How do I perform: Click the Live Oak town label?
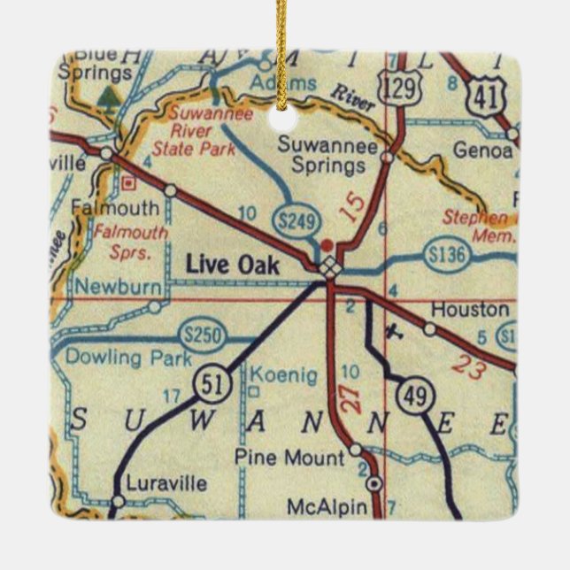[x=234, y=265]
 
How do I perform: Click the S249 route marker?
[x=294, y=224]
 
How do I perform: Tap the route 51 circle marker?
[x=221, y=383]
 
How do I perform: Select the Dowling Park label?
[x=121, y=358]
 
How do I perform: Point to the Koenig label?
[x=283, y=375]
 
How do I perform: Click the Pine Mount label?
[x=289, y=458]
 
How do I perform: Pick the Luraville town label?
[x=166, y=484]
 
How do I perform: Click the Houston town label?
[x=470, y=310]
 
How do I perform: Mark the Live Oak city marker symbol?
[x=329, y=266]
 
